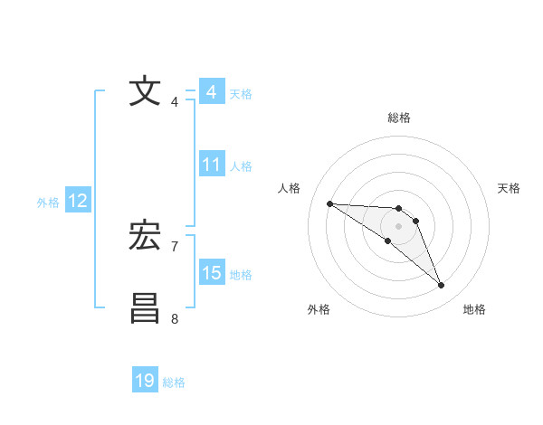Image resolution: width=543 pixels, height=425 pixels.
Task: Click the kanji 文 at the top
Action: pyautogui.click(x=145, y=92)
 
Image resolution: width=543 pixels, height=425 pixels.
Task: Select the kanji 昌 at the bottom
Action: pyautogui.click(x=145, y=308)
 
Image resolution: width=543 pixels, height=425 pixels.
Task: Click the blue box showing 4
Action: pyautogui.click(x=212, y=92)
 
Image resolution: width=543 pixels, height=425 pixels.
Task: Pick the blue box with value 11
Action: pyautogui.click(x=212, y=165)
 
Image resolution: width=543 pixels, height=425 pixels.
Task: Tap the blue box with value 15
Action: pyautogui.click(x=212, y=273)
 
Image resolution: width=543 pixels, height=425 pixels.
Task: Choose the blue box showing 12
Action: pyautogui.click(x=78, y=201)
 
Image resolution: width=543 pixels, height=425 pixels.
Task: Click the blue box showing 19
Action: pyautogui.click(x=145, y=381)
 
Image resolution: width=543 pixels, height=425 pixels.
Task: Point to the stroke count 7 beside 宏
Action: pyautogui.click(x=175, y=246)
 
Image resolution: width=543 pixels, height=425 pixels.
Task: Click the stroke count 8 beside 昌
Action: pyautogui.click(x=175, y=317)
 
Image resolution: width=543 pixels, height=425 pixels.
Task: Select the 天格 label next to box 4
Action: pyautogui.click(x=241, y=93)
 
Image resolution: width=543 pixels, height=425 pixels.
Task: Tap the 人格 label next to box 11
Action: pyautogui.click(x=241, y=166)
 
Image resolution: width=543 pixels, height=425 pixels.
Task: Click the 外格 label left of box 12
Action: pyautogui.click(x=48, y=203)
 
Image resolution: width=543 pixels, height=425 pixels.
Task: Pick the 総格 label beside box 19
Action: pyautogui.click(x=174, y=382)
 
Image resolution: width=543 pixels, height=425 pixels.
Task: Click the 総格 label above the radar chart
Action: pyautogui.click(x=398, y=118)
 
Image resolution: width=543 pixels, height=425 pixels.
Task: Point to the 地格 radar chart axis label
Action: pyautogui.click(x=474, y=309)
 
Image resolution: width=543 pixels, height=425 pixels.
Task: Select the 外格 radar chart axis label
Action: pyautogui.click(x=319, y=309)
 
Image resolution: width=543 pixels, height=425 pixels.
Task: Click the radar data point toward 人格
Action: pyautogui.click(x=329, y=203)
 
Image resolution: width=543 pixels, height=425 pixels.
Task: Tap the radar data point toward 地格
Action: pyautogui.click(x=442, y=286)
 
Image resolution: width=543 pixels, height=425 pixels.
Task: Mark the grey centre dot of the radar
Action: pyautogui.click(x=398, y=226)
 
